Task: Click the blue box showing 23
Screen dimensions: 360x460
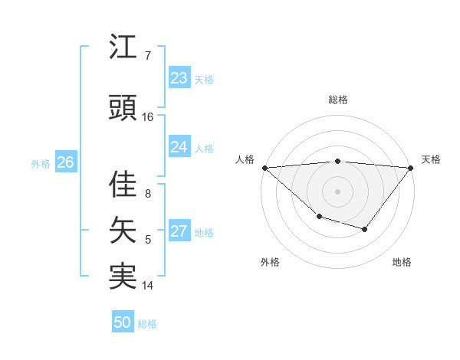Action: coord(179,78)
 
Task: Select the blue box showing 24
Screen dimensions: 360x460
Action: coord(179,147)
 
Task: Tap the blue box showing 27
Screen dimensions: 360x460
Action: coord(179,232)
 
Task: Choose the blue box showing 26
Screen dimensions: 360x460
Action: coord(65,162)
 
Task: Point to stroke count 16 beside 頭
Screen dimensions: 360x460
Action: coord(148,116)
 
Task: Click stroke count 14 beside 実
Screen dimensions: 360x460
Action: coord(148,285)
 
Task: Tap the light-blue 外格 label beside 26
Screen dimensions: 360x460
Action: coord(41,163)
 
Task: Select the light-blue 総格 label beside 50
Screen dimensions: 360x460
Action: coord(147,324)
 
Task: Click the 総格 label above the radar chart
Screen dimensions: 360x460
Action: coord(337,100)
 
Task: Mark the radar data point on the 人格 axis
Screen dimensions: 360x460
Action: coord(264,167)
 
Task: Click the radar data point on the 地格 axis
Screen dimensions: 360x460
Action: coord(365,229)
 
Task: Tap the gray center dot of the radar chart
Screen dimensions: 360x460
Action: coord(337,191)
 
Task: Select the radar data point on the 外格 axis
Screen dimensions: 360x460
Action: coord(318,218)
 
